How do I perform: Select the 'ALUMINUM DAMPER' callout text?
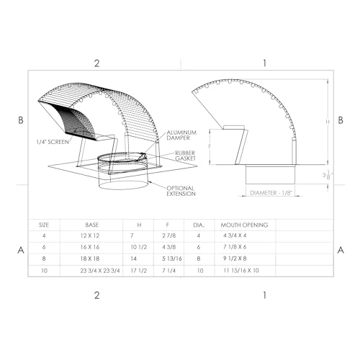coord(182,137)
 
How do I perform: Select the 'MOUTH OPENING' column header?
coord(244,225)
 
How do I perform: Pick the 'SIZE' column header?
coord(44,225)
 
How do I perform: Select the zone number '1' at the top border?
coord(265,63)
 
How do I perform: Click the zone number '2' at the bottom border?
coord(97,295)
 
